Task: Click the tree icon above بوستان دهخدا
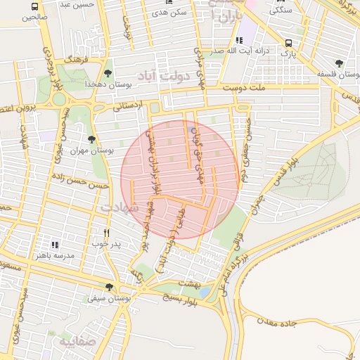coord(108,72)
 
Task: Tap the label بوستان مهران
coord(94,150)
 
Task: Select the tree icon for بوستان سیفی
coord(108,287)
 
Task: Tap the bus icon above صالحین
coord(35,6)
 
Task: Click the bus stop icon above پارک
coord(287,42)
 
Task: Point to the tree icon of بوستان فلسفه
coord(340,63)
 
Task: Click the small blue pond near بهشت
coord(205,292)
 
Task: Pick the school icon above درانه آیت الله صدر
coord(239,40)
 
